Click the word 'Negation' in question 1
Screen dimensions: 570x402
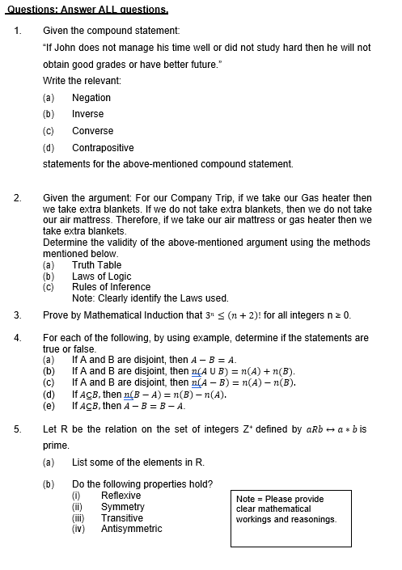point(91,98)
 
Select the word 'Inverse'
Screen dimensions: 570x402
point(88,114)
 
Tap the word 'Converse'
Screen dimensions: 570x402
point(92,131)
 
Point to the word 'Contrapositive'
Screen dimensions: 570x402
point(103,148)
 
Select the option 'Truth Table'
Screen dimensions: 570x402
point(96,264)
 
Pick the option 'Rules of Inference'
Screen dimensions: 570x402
point(111,287)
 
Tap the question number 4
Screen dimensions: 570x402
point(17,338)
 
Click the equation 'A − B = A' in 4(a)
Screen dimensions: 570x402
point(214,360)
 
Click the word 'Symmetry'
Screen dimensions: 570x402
point(123,507)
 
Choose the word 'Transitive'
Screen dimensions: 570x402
point(122,518)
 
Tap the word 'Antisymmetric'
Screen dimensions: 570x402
point(131,530)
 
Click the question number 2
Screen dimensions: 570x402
point(17,198)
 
